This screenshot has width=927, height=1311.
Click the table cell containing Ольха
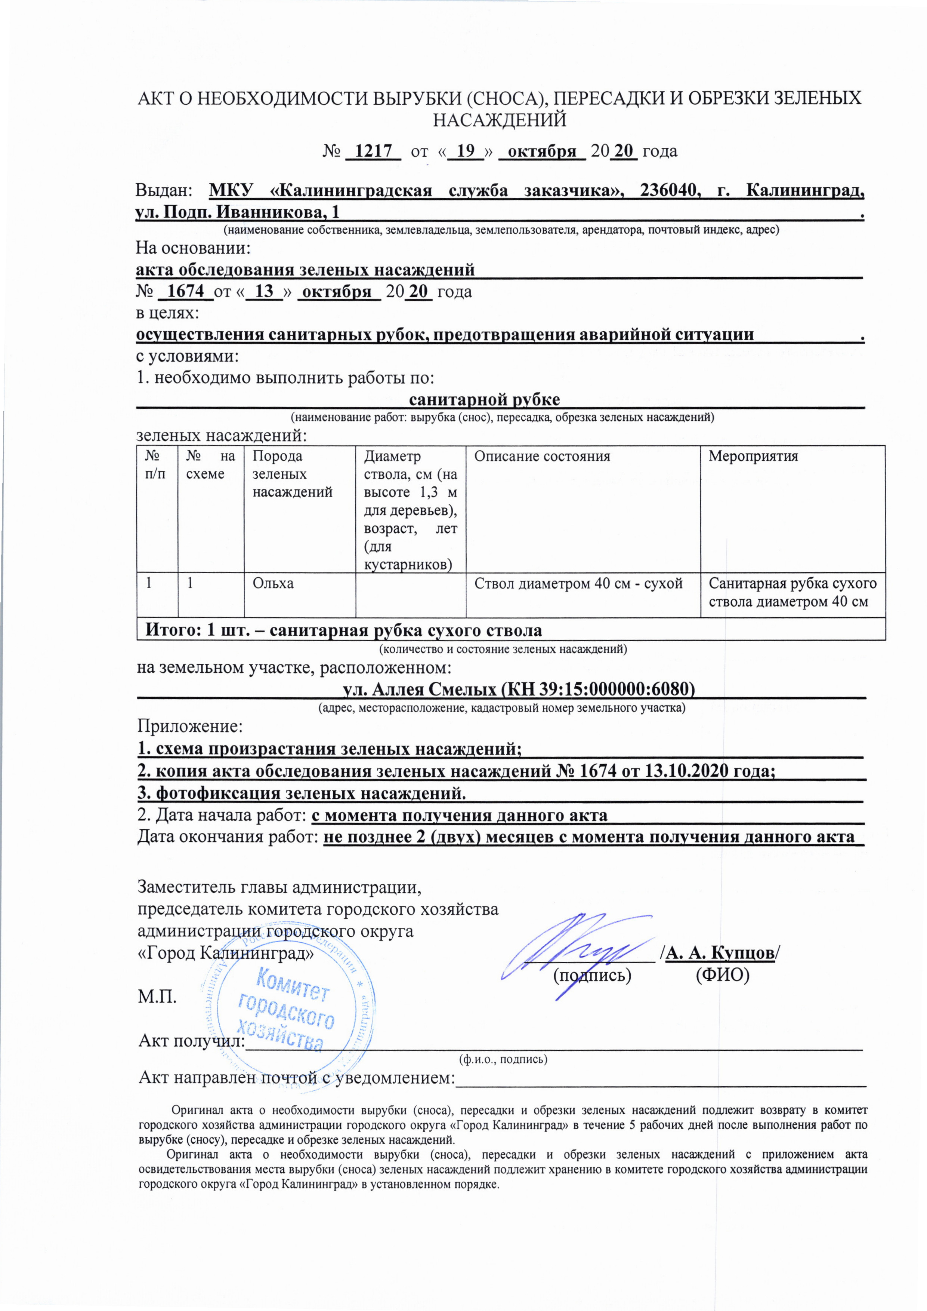pyautogui.click(x=274, y=583)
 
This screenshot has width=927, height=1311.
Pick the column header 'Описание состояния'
pyautogui.click(x=542, y=457)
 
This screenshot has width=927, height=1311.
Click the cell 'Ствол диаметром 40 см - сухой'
pyautogui.click(x=578, y=583)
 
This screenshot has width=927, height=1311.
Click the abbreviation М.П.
pyautogui.click(x=157, y=997)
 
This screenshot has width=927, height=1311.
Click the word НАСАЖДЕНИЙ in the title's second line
pyautogui.click(x=500, y=120)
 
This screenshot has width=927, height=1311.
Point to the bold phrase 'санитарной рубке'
pyautogui.click(x=485, y=399)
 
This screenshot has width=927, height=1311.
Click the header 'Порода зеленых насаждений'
pyautogui.click(x=292, y=474)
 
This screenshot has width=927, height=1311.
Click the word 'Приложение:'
pyautogui.click(x=190, y=727)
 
